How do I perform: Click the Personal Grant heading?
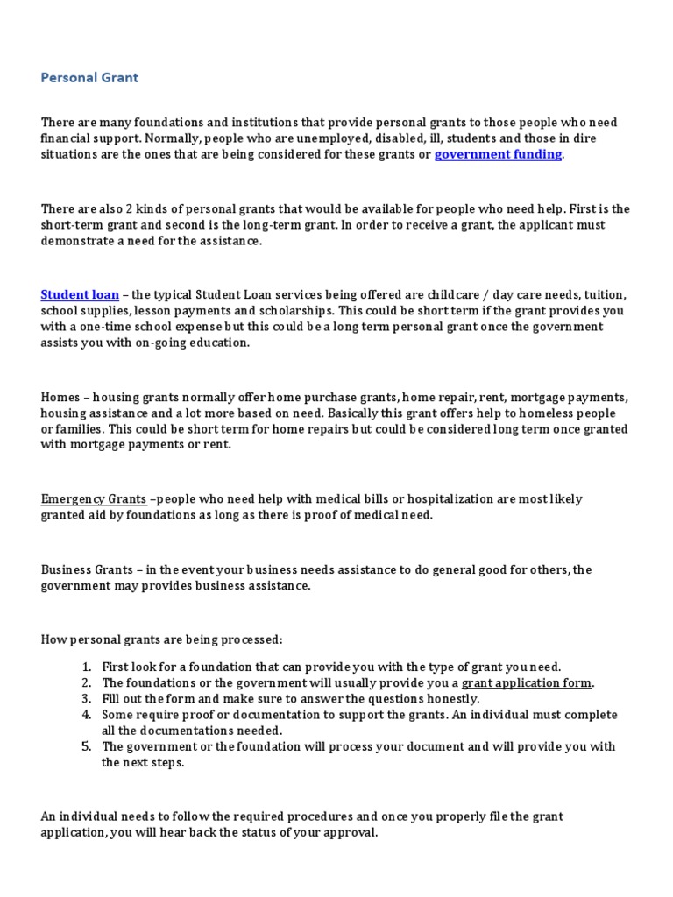click(x=89, y=78)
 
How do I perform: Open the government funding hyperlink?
click(x=498, y=154)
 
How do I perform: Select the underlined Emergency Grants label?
click(x=94, y=499)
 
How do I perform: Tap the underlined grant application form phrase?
click(x=528, y=682)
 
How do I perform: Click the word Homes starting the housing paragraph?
click(x=60, y=397)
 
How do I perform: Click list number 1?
click(x=87, y=667)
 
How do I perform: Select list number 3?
click(x=87, y=698)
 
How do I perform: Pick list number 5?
click(x=87, y=746)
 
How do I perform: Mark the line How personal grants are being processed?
click(x=162, y=639)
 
